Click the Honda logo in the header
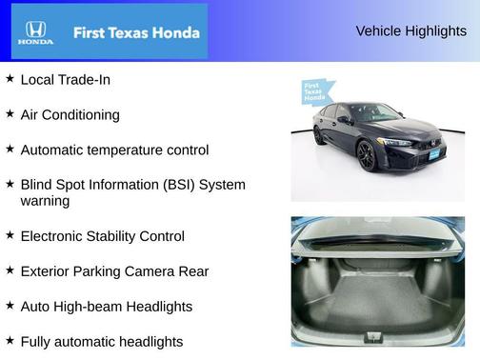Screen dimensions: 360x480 click(x=35, y=31)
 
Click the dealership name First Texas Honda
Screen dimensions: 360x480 click(x=136, y=32)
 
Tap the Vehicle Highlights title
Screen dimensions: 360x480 click(x=410, y=31)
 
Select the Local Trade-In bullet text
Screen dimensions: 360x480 click(x=65, y=80)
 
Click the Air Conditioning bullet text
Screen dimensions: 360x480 click(x=70, y=115)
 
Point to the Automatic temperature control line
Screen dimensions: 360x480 click(x=114, y=150)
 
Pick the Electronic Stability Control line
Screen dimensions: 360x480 click(x=102, y=236)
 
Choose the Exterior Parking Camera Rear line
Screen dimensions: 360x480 click(x=114, y=271)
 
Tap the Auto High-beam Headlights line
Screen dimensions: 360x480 click(x=106, y=307)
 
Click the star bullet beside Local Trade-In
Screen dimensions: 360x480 click(x=10, y=79)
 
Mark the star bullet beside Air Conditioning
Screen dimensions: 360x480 click(x=10, y=114)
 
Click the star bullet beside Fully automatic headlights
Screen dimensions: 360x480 click(x=10, y=340)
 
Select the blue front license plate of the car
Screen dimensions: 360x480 click(x=432, y=152)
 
